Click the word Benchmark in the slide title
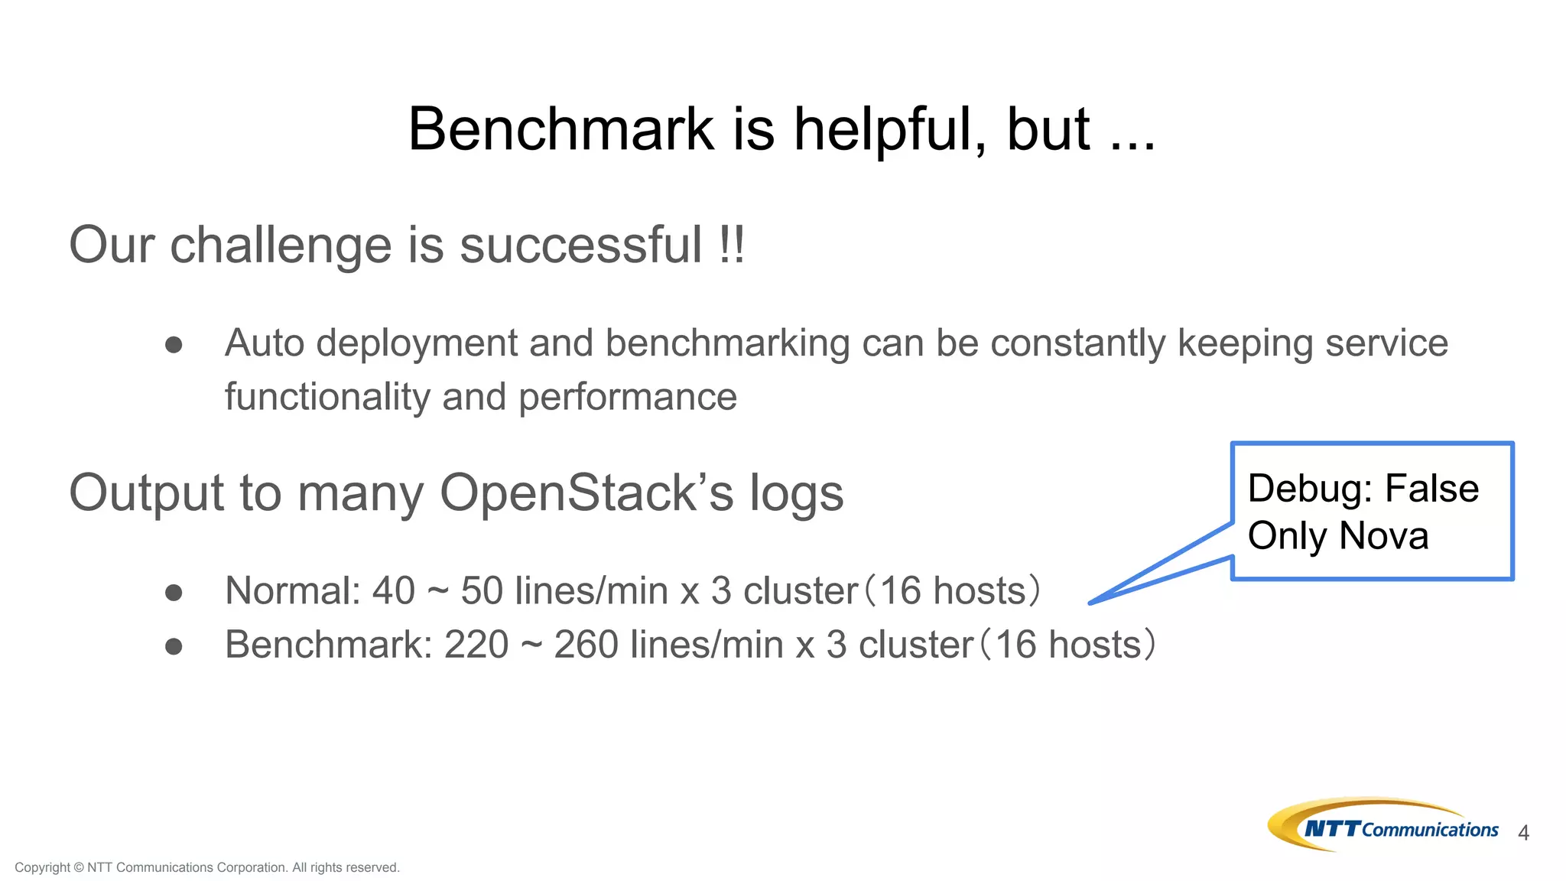pyautogui.click(x=560, y=129)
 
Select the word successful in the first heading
pyautogui.click(x=580, y=245)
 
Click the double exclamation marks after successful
pyautogui.click(x=732, y=245)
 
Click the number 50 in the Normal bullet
pyautogui.click(x=482, y=591)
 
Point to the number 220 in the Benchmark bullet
pyautogui.click(x=476, y=645)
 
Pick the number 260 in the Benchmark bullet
pyautogui.click(x=586, y=645)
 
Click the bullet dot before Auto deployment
pyautogui.click(x=174, y=345)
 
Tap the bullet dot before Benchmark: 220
pyautogui.click(x=174, y=647)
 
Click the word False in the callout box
pyautogui.click(x=1431, y=489)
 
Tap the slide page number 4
pyautogui.click(x=1523, y=833)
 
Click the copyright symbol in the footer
pyautogui.click(x=78, y=867)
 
